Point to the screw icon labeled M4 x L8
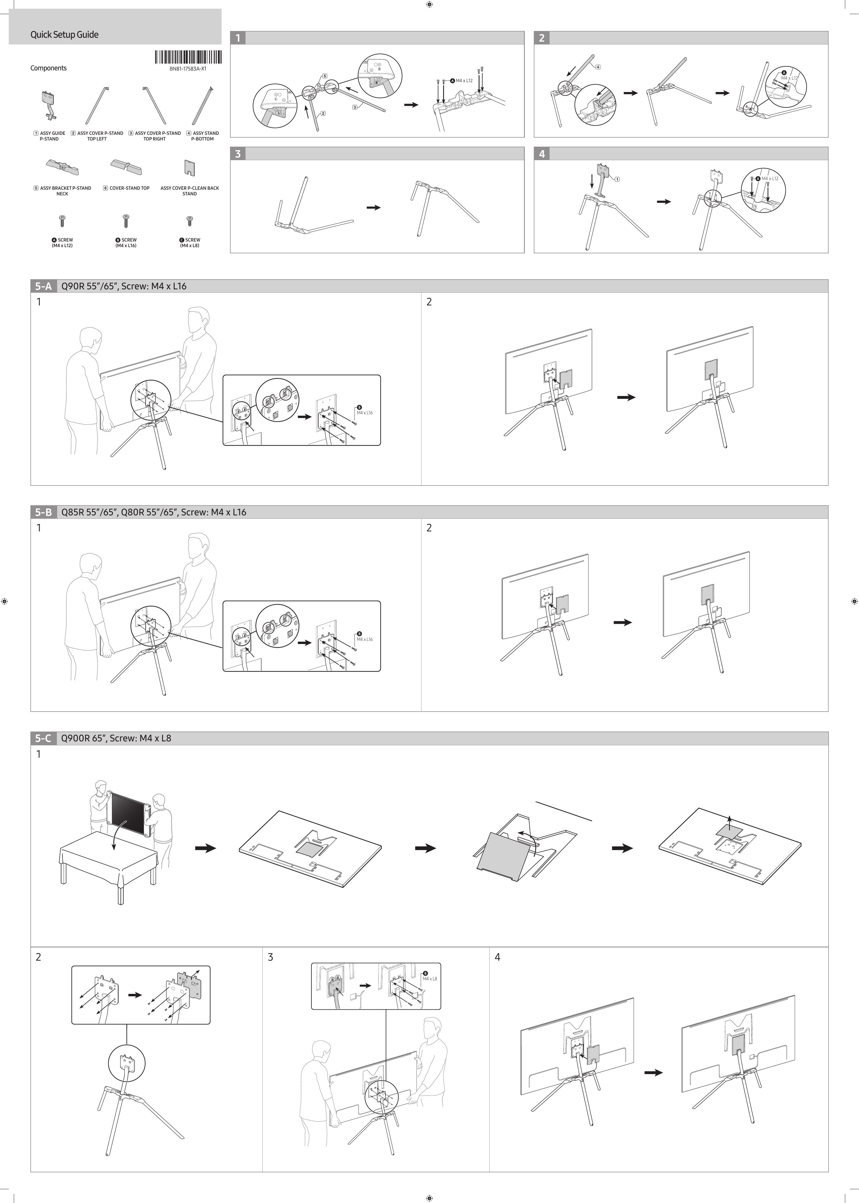pos(189,220)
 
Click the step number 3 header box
pos(238,154)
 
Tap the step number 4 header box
pos(542,154)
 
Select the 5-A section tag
pos(43,286)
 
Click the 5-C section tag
pos(43,738)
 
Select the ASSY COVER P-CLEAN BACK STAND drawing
pos(189,168)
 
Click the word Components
pos(48,68)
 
